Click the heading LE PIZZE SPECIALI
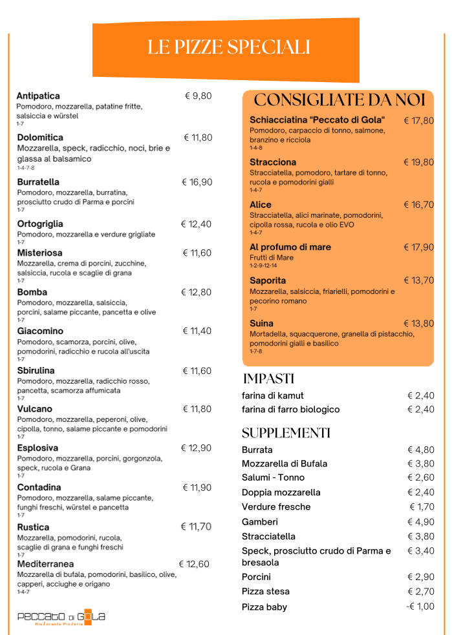pos(228,47)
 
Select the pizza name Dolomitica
pos(40,138)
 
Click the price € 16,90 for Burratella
pos(197,182)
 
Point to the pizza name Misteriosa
pos(39,253)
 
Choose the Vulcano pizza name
pos(35,409)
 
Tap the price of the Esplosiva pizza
pos(196,448)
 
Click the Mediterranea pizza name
pos(45,564)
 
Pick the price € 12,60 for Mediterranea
pos(194,564)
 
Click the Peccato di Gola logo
pos(61,618)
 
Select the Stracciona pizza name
pos(273,162)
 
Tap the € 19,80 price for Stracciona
pos(418,162)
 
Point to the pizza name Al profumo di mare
pos(290,247)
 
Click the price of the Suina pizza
pos(418,323)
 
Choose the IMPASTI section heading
pos(268,379)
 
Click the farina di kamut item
pos(272,395)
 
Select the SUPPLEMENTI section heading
pos(286,433)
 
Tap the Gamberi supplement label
pos(260,522)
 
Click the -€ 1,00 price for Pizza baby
pos(420,607)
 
